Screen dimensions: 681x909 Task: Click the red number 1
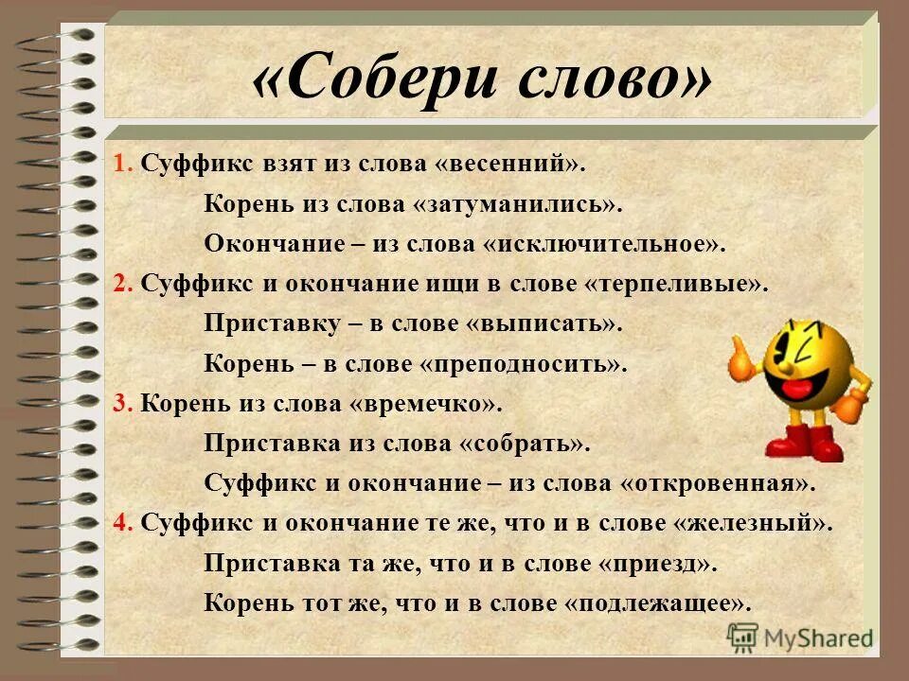(x=120, y=163)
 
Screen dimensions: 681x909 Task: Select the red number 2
(x=120, y=283)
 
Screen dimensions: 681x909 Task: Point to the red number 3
(x=120, y=403)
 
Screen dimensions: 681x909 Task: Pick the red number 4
(x=120, y=522)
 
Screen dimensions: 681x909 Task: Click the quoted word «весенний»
(x=509, y=163)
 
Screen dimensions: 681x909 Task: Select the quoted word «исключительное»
(x=604, y=243)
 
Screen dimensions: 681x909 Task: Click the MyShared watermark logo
(x=800, y=637)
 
